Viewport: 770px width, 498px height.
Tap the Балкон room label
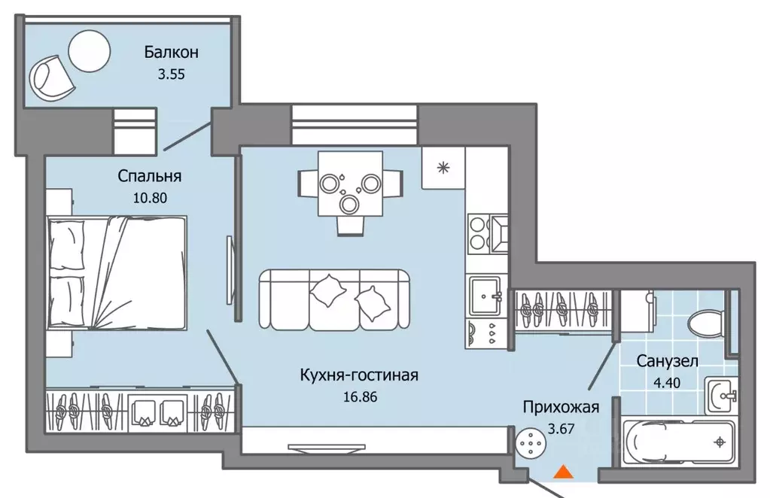(172, 53)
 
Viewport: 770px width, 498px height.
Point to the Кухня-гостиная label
(358, 375)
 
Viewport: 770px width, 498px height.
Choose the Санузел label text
(667, 361)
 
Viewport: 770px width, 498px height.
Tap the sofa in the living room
(335, 299)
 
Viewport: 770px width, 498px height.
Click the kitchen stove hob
(479, 232)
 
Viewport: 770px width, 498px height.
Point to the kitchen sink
(485, 296)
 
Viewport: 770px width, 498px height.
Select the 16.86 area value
(358, 395)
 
